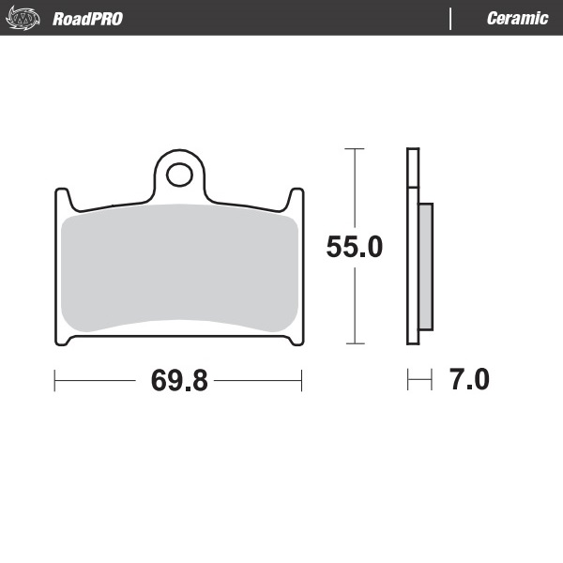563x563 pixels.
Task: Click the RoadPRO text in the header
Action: (87, 19)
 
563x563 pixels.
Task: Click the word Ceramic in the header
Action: (517, 19)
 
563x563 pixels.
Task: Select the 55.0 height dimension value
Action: (354, 247)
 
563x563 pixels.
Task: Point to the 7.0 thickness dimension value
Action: (469, 381)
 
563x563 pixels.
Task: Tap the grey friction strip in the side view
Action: (425, 266)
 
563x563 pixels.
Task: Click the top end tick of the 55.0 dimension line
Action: (354, 148)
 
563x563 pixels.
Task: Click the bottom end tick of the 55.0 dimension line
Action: (354, 343)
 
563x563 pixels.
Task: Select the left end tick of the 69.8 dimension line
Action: (55, 381)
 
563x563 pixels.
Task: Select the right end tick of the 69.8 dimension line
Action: (301, 381)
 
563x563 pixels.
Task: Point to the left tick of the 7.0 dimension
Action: (408, 381)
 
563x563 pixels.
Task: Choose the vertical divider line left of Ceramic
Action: (451, 19)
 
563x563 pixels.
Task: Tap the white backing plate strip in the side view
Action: (412, 246)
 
